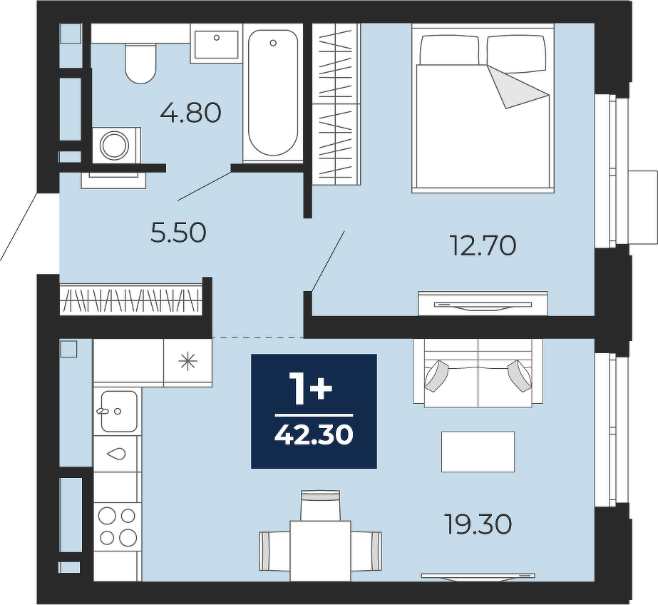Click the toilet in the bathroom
140,62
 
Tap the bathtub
273,93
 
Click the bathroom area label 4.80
191,113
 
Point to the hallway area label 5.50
178,233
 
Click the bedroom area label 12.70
483,245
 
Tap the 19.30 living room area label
478,525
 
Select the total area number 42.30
314,435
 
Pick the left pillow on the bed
450,50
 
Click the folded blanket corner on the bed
518,87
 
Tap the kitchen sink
119,412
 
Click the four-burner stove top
117,526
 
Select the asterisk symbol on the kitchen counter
187,362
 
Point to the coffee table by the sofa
478,452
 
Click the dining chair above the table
321,506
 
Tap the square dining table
321,551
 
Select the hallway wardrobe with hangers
131,300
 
